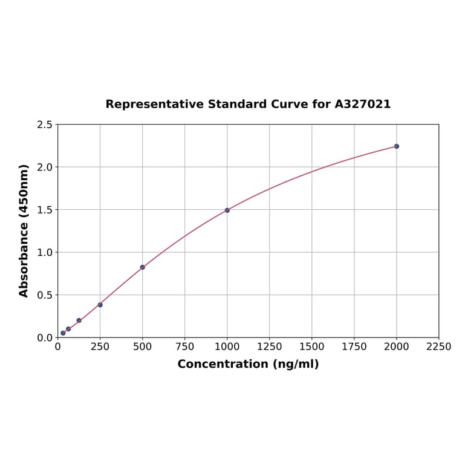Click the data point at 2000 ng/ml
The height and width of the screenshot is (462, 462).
coord(397,146)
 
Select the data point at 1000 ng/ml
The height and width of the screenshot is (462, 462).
coord(227,210)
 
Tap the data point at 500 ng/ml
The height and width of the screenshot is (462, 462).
coord(143,267)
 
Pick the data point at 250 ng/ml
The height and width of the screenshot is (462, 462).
coord(100,305)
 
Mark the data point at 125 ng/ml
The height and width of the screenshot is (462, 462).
coord(79,320)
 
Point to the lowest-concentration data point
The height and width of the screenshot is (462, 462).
coord(63,333)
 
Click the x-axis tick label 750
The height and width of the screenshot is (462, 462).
coord(185,346)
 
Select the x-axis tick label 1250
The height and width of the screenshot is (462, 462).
coord(270,346)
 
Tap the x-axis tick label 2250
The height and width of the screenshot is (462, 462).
coord(439,346)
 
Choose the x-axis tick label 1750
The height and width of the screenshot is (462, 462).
coord(354,346)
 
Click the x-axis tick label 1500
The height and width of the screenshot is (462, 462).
coord(312,346)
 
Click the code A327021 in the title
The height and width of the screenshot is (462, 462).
coord(363,104)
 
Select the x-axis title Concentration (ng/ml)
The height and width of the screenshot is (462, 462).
coord(248,364)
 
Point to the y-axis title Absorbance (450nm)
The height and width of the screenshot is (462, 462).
coord(24,230)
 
